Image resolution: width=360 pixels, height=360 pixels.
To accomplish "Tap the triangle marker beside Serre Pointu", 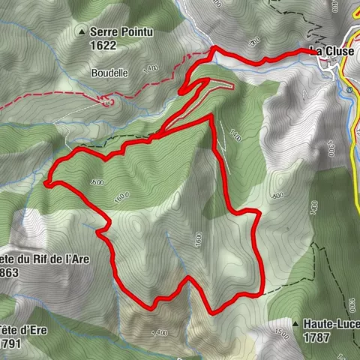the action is pos(81,33).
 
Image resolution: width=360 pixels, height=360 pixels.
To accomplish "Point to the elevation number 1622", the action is pos(104,44).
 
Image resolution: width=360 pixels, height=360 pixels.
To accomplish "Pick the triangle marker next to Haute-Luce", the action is pos(297,324).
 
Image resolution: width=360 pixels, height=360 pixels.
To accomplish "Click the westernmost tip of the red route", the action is pos(46,181).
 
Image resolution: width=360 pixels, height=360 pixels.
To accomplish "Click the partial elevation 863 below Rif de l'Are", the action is pos(12,274).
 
